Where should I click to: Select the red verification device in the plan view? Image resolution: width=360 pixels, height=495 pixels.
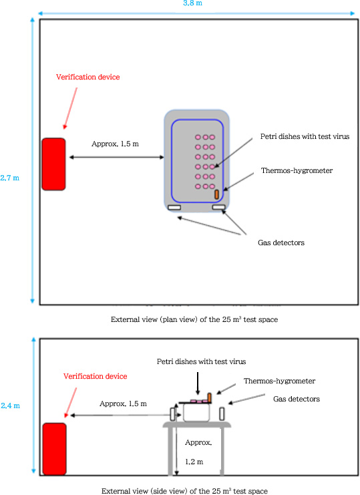pos(53,164)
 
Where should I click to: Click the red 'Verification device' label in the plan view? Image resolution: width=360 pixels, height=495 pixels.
pos(88,77)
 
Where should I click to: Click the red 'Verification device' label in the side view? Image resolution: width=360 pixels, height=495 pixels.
pos(95,376)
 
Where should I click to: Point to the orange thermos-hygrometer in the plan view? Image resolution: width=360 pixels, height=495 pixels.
pos(216,194)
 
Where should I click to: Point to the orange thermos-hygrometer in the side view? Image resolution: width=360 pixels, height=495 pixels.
pos(209,397)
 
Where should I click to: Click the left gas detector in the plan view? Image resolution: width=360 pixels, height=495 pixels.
pos(175,208)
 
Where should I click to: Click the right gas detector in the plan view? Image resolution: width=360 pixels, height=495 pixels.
pos(218,208)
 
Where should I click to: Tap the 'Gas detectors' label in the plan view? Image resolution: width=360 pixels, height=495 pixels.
pos(281,242)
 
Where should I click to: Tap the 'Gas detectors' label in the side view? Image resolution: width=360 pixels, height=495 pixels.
pos(297,399)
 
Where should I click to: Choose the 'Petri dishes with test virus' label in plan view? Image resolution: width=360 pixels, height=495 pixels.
pos(305,136)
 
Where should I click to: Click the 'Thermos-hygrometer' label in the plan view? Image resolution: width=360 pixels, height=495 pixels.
pos(297,170)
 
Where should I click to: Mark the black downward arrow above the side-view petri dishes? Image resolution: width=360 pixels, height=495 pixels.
pos(198,383)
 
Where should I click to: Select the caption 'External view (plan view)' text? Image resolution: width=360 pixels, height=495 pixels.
pos(194,320)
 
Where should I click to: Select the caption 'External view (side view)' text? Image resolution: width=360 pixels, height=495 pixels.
pos(185,491)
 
